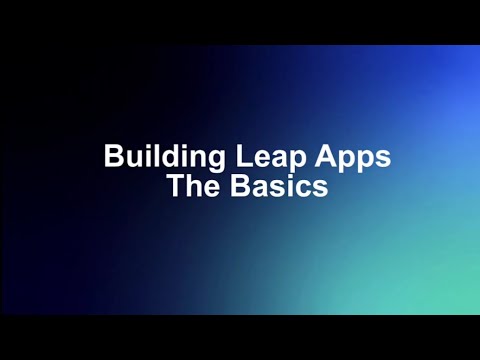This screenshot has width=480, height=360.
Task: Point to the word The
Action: coord(191,185)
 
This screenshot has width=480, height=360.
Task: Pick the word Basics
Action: coord(276,185)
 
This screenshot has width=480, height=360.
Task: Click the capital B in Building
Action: coord(113,158)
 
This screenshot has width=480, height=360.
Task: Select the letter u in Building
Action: coord(130,159)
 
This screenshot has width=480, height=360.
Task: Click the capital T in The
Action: coord(174,185)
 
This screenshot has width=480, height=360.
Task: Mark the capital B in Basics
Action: coord(233,185)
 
